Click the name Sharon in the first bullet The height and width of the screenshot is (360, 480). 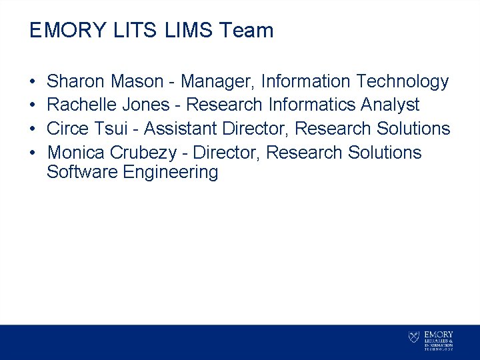(x=76, y=82)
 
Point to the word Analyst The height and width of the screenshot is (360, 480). (x=390, y=105)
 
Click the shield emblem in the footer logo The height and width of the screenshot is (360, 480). (x=414, y=338)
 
